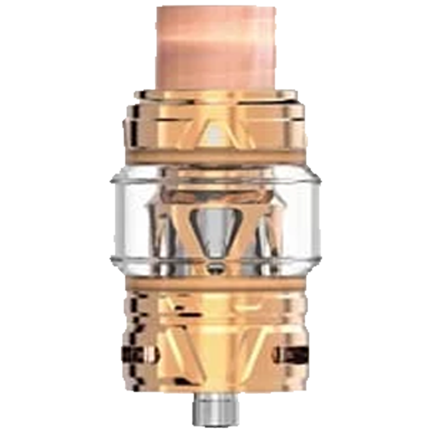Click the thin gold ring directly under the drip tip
(x=215, y=94)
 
